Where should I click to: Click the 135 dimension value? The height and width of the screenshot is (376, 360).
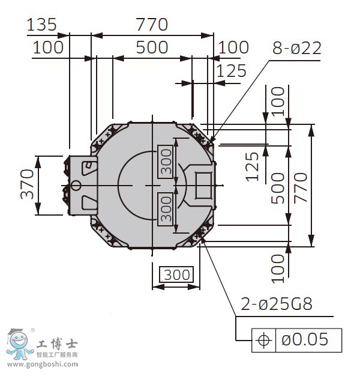tap(41, 25)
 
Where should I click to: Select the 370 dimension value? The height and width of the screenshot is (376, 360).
tap(27, 184)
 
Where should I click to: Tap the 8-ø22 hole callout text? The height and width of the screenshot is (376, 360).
tap(297, 48)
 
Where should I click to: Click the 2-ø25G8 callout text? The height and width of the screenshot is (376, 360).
tap(277, 304)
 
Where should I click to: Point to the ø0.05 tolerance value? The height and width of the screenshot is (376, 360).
tap(305, 339)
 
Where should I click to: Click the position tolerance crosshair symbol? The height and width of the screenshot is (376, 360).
tap(264, 340)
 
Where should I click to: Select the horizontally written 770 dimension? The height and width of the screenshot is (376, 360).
tap(152, 25)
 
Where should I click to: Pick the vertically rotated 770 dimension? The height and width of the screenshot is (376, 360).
tap(301, 188)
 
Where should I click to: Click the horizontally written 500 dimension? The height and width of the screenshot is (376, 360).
tap(152, 47)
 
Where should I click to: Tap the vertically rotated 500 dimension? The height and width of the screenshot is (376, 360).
tap(278, 188)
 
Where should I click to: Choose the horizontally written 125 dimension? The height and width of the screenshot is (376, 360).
tap(232, 70)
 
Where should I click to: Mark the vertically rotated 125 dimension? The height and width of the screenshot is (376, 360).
tap(253, 166)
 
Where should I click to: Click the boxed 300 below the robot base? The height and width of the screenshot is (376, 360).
tap(176, 274)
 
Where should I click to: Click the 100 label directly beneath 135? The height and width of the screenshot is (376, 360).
tap(48, 47)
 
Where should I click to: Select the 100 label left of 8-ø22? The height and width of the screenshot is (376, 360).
tap(233, 47)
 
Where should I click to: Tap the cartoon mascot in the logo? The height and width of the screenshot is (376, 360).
tap(19, 344)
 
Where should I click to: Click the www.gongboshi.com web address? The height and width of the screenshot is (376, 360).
tap(43, 365)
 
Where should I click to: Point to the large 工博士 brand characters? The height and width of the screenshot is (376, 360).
tap(57, 344)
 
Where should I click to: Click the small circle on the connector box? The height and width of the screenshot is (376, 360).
tap(76, 186)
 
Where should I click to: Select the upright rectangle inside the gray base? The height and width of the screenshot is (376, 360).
tap(203, 186)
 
